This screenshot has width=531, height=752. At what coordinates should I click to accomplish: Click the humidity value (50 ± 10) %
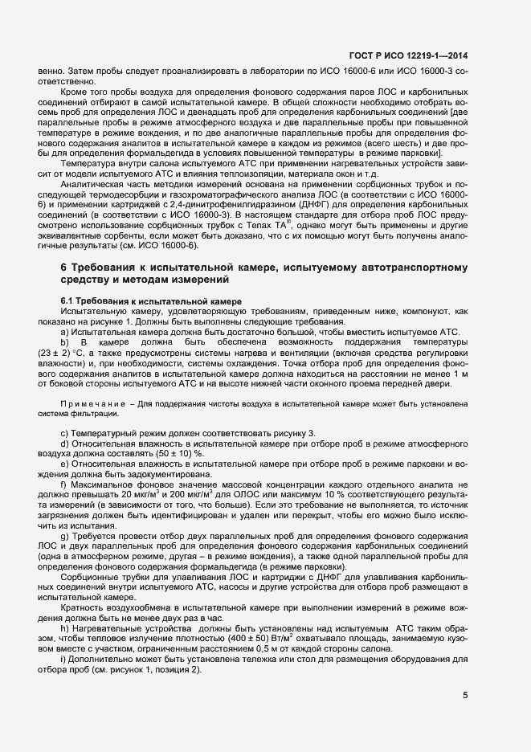coord(183,452)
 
